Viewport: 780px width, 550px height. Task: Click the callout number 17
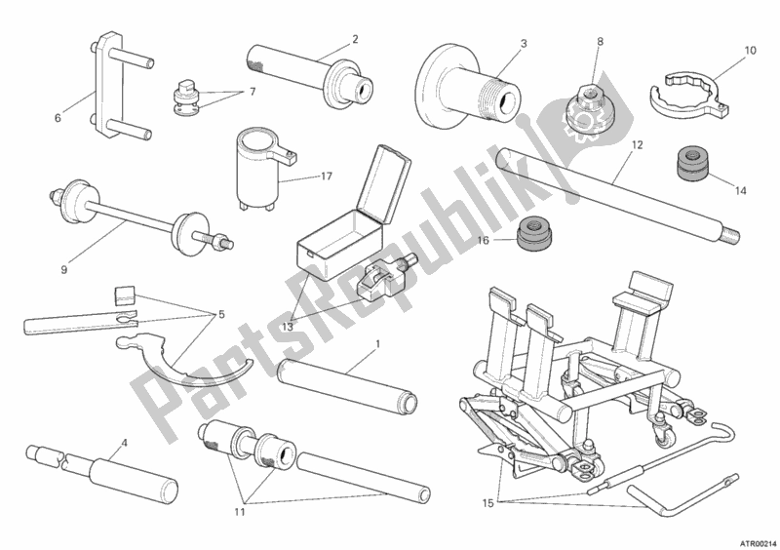(x=327, y=177)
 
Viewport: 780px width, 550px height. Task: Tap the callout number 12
(x=638, y=145)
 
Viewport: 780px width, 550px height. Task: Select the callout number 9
(x=64, y=270)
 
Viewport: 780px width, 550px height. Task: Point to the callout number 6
(x=58, y=118)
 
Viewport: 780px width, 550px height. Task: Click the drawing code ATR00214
(x=759, y=542)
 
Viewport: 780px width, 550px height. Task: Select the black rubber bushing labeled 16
(x=534, y=233)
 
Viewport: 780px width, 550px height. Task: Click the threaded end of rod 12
(x=729, y=235)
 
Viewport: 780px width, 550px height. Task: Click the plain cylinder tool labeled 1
(x=347, y=385)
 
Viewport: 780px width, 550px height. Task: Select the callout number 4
(x=124, y=441)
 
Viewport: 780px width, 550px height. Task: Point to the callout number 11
(x=239, y=512)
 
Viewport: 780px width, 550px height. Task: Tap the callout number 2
(x=355, y=39)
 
